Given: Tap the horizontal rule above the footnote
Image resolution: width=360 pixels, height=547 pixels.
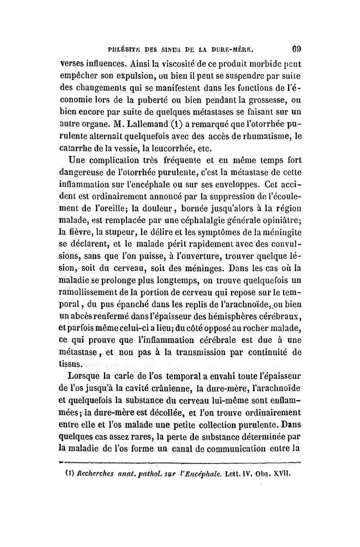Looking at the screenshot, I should pyautogui.click(x=180, y=461).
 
